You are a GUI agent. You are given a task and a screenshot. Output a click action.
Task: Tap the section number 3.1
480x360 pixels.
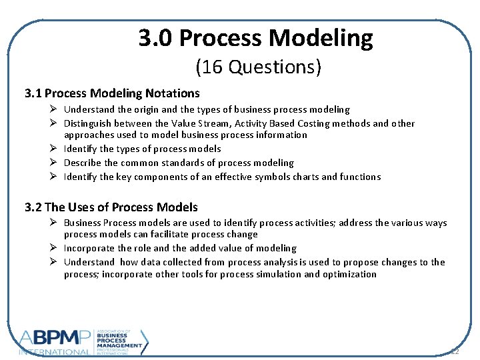coord(33,93)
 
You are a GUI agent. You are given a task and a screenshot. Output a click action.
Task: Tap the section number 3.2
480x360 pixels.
coord(33,207)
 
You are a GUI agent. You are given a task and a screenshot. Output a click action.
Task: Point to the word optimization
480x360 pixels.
coord(349,274)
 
